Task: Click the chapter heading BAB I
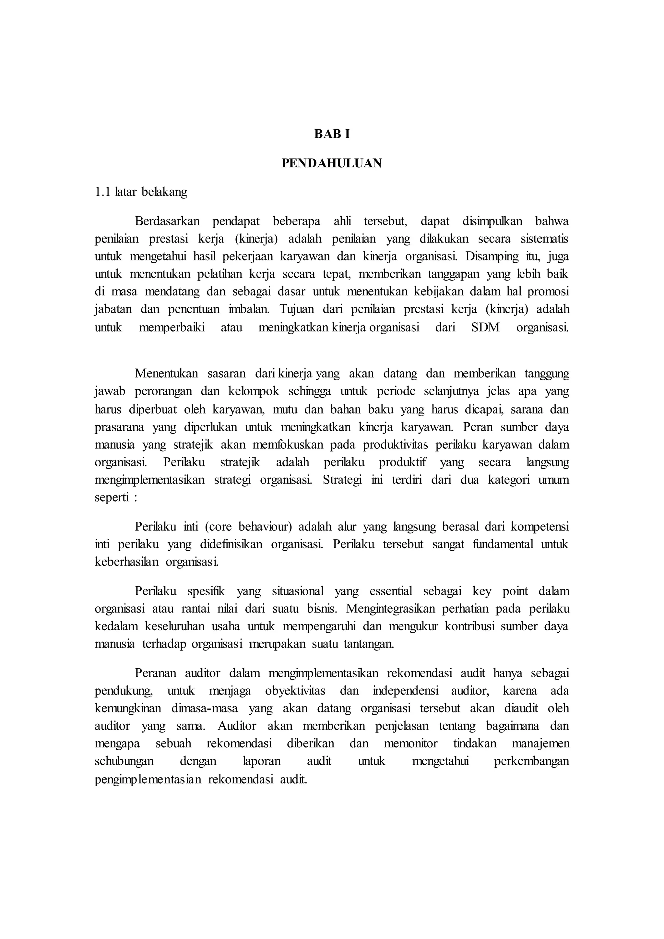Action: point(332,134)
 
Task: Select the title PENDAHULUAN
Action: point(332,163)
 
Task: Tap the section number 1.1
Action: point(103,192)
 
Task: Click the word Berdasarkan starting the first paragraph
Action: point(167,221)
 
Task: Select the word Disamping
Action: point(489,256)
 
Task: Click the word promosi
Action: point(548,291)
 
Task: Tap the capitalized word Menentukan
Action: point(166,374)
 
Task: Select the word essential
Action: point(391,591)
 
